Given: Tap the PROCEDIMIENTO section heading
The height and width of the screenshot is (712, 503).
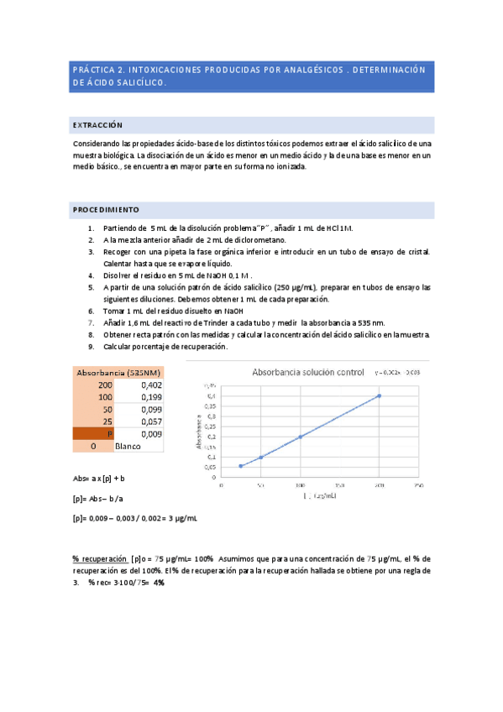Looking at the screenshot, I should (x=106, y=209).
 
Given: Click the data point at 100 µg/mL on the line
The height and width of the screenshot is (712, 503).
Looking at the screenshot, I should (x=301, y=437).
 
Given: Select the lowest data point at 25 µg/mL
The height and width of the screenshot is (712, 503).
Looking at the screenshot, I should (x=241, y=466).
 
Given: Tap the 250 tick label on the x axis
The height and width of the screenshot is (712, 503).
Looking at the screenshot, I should (x=417, y=485).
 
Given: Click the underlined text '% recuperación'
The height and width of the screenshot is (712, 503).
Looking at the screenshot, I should (x=99, y=558).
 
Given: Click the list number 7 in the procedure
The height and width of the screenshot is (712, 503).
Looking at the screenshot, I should (x=91, y=322).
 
